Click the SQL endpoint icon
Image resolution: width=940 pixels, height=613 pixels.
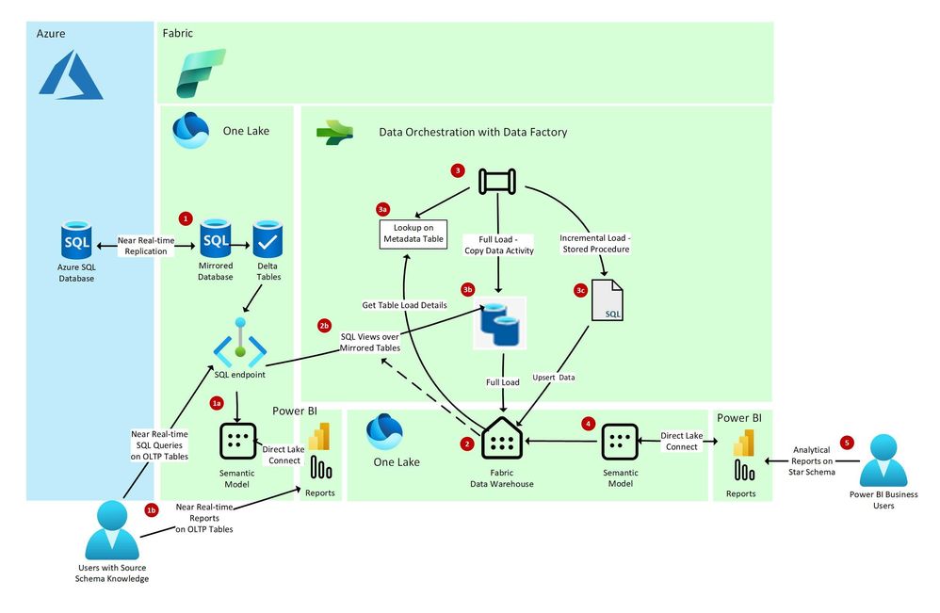[x=240, y=345]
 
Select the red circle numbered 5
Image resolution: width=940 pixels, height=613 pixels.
[x=847, y=442]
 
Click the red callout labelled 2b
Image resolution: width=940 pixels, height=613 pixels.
[x=325, y=326]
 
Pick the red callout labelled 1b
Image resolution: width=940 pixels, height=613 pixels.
[x=151, y=509]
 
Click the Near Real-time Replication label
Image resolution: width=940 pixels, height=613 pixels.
[x=146, y=246]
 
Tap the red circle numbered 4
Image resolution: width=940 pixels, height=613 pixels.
[x=589, y=424]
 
